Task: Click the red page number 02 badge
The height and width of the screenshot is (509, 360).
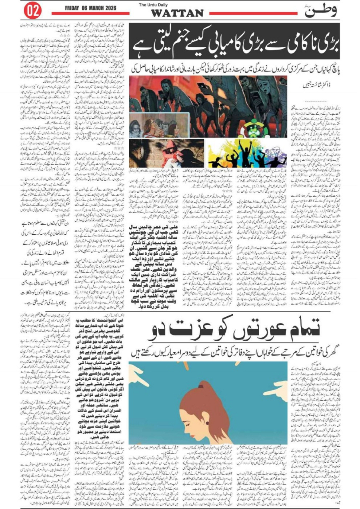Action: [x=32, y=11]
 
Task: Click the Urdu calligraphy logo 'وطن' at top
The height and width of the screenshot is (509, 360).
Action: [x=321, y=11]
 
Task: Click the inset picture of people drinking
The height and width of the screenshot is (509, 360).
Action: [x=153, y=125]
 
